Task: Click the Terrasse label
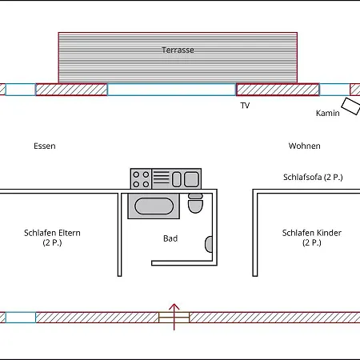[x=178, y=50]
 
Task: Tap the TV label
[x=245, y=106]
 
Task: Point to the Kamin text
[x=328, y=113]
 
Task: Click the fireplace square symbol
[x=351, y=106]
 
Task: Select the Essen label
[x=45, y=146]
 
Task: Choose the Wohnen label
[x=305, y=146]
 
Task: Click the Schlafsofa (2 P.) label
[x=313, y=178]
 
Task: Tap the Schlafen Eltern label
[x=52, y=233]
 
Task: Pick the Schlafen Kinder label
[x=312, y=233]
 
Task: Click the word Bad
[x=170, y=238]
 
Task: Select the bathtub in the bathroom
[x=154, y=206]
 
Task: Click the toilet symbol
[x=195, y=203]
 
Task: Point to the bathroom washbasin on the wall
[x=209, y=244]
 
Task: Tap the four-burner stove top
[x=141, y=178]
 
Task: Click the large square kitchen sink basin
[x=191, y=179]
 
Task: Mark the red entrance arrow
[x=174, y=317]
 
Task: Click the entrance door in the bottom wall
[x=174, y=318]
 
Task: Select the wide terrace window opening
[x=172, y=90]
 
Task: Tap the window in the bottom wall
[x=21, y=318]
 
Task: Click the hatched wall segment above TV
[x=278, y=90]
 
